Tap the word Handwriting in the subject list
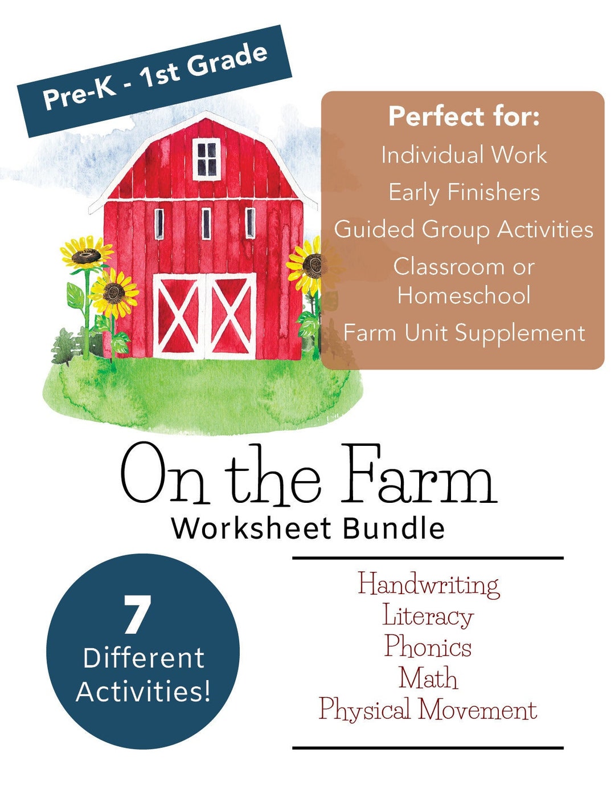tap(428, 585)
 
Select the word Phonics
tap(428, 647)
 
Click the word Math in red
tap(428, 678)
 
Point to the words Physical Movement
tap(428, 710)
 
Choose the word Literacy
tap(428, 616)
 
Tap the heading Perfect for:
tap(464, 117)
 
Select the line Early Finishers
tap(464, 192)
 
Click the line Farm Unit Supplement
tap(464, 333)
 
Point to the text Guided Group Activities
tap(464, 230)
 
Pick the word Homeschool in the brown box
tap(464, 295)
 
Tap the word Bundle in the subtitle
tap(393, 528)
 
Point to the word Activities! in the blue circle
tap(143, 692)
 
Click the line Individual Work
tap(464, 155)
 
